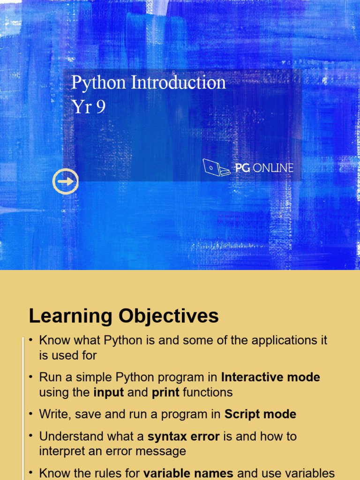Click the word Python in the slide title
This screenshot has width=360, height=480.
(x=98, y=83)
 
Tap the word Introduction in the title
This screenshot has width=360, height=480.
(x=179, y=82)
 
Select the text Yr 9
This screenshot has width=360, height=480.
(x=89, y=106)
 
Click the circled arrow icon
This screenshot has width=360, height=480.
(x=66, y=181)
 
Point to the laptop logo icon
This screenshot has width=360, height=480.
(x=216, y=167)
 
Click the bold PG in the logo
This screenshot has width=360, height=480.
(x=242, y=168)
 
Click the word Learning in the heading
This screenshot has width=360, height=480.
(x=71, y=316)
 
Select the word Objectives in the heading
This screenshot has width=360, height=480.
(x=169, y=316)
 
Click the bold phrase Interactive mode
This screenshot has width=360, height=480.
(x=270, y=377)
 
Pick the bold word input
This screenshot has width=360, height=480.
(x=109, y=393)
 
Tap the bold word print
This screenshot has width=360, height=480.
(x=165, y=393)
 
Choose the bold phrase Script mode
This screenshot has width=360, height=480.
(x=261, y=414)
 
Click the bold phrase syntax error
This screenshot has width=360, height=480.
(x=184, y=436)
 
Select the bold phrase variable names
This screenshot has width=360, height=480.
(x=188, y=473)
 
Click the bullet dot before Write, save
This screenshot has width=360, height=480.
(x=30, y=414)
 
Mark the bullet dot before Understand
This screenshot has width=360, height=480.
(x=30, y=436)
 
